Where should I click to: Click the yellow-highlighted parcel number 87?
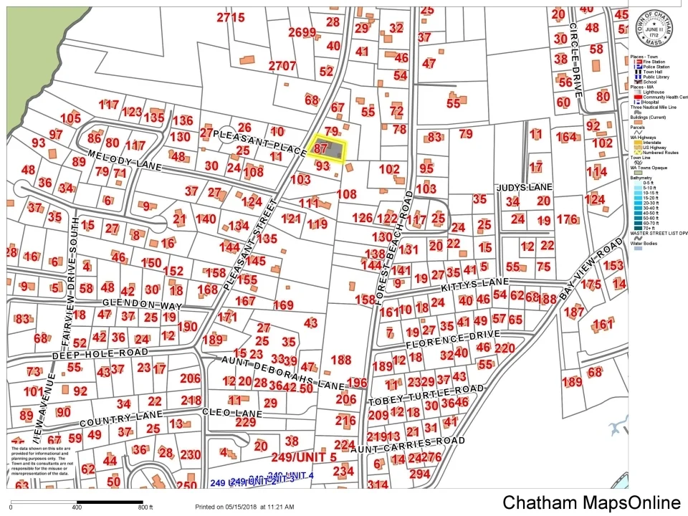point(320,148)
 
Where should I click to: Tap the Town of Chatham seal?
point(653,26)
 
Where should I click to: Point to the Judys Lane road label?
point(525,186)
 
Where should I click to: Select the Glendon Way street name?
point(142,304)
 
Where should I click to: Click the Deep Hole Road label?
point(100,353)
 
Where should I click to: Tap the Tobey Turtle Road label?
point(426,393)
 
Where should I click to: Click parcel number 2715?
point(231,17)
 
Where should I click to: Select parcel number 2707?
point(282,66)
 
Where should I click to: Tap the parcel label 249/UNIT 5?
point(303,457)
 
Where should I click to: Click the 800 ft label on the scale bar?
point(145,507)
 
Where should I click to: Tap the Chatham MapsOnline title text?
point(591,503)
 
